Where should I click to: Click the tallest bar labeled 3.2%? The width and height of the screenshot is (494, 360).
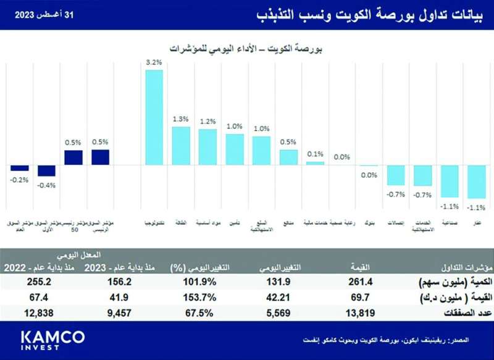(154, 117)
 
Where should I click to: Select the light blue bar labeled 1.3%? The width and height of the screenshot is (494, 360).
(180, 146)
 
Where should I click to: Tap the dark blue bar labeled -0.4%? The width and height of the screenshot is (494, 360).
(46, 171)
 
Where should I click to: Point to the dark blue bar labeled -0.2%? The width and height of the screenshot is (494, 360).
(20, 168)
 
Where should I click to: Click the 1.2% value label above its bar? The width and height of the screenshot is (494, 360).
(207, 122)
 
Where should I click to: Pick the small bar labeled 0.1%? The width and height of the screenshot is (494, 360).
(315, 163)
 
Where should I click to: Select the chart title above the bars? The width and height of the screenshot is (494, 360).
(247, 47)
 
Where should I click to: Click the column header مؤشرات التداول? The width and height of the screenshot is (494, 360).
(454, 267)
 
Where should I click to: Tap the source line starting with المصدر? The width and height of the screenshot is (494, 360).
(395, 340)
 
